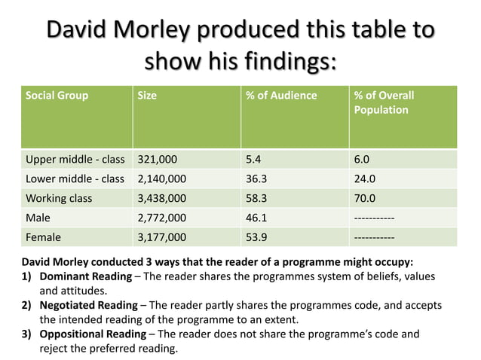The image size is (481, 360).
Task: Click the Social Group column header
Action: (x=57, y=96)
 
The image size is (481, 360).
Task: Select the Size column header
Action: (x=147, y=96)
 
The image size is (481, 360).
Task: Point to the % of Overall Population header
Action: (x=384, y=102)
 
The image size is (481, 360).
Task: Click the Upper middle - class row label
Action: (x=75, y=160)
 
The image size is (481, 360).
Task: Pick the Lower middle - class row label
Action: (x=75, y=179)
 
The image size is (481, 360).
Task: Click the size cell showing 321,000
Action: (x=157, y=160)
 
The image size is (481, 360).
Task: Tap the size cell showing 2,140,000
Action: (x=161, y=179)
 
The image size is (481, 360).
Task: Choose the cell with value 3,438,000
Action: (x=161, y=199)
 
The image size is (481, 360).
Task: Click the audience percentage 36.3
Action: (x=257, y=179)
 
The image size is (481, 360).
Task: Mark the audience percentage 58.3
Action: (x=257, y=199)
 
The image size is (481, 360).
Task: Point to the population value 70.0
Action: (x=366, y=199)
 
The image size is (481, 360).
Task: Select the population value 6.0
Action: (x=362, y=160)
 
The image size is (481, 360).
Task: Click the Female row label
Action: (x=44, y=237)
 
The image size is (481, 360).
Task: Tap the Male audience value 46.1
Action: (x=257, y=218)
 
